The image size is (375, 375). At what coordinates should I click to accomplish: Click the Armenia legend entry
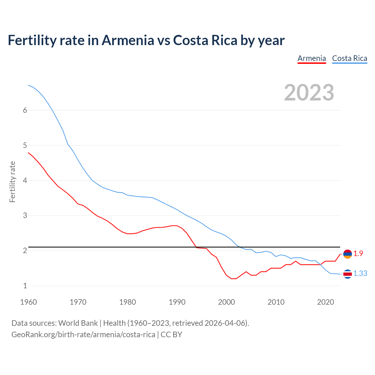312,58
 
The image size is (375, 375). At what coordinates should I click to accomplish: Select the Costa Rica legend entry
350,58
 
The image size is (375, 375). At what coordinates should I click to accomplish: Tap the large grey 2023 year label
309,93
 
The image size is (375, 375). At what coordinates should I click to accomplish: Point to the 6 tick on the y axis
25,110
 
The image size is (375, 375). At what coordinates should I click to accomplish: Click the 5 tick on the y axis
25,145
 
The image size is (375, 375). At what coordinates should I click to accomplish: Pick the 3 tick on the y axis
25,216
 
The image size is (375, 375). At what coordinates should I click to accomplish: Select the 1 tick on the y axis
25,286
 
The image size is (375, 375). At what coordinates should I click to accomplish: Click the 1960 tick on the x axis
28,302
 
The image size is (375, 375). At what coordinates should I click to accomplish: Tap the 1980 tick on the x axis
127,302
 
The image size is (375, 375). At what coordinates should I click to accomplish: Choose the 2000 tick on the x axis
226,302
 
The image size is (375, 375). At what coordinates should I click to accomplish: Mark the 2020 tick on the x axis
325,302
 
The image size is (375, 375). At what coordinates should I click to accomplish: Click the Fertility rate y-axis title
12,182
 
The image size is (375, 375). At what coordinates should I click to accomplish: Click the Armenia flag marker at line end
347,254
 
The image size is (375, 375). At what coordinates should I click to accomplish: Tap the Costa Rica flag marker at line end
347,274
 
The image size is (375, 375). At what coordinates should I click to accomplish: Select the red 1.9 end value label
358,254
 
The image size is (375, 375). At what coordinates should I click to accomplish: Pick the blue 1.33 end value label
360,274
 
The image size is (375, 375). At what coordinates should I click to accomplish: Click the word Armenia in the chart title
127,40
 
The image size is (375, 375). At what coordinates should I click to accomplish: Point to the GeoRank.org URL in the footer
83,335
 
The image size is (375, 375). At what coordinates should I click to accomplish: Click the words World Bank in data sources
78,323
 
